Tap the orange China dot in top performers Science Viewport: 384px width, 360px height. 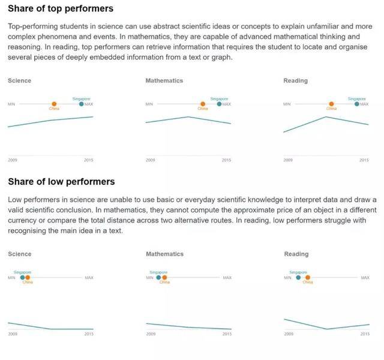[54, 104]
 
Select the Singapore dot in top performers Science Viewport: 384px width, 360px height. [82, 104]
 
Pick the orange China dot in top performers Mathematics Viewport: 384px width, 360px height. [203, 104]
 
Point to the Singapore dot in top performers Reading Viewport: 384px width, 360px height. [357, 104]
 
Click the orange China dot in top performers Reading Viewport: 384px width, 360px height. [331, 104]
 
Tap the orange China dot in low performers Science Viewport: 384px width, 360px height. [28, 277]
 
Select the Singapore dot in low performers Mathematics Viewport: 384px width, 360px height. [158, 277]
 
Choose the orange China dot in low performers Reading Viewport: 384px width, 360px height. [308, 277]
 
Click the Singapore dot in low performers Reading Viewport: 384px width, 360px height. [298, 277]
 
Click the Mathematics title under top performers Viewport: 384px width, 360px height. [164, 80]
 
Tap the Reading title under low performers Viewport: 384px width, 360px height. [295, 254]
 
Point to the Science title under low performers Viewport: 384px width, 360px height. [19, 254]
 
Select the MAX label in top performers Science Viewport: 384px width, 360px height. [89, 104]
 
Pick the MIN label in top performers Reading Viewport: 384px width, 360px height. [287, 104]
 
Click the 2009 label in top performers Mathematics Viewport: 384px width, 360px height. [150, 160]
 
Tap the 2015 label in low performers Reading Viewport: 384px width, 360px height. [364, 334]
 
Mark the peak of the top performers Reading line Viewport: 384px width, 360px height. [326, 116]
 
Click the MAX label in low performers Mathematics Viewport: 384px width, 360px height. [227, 277]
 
